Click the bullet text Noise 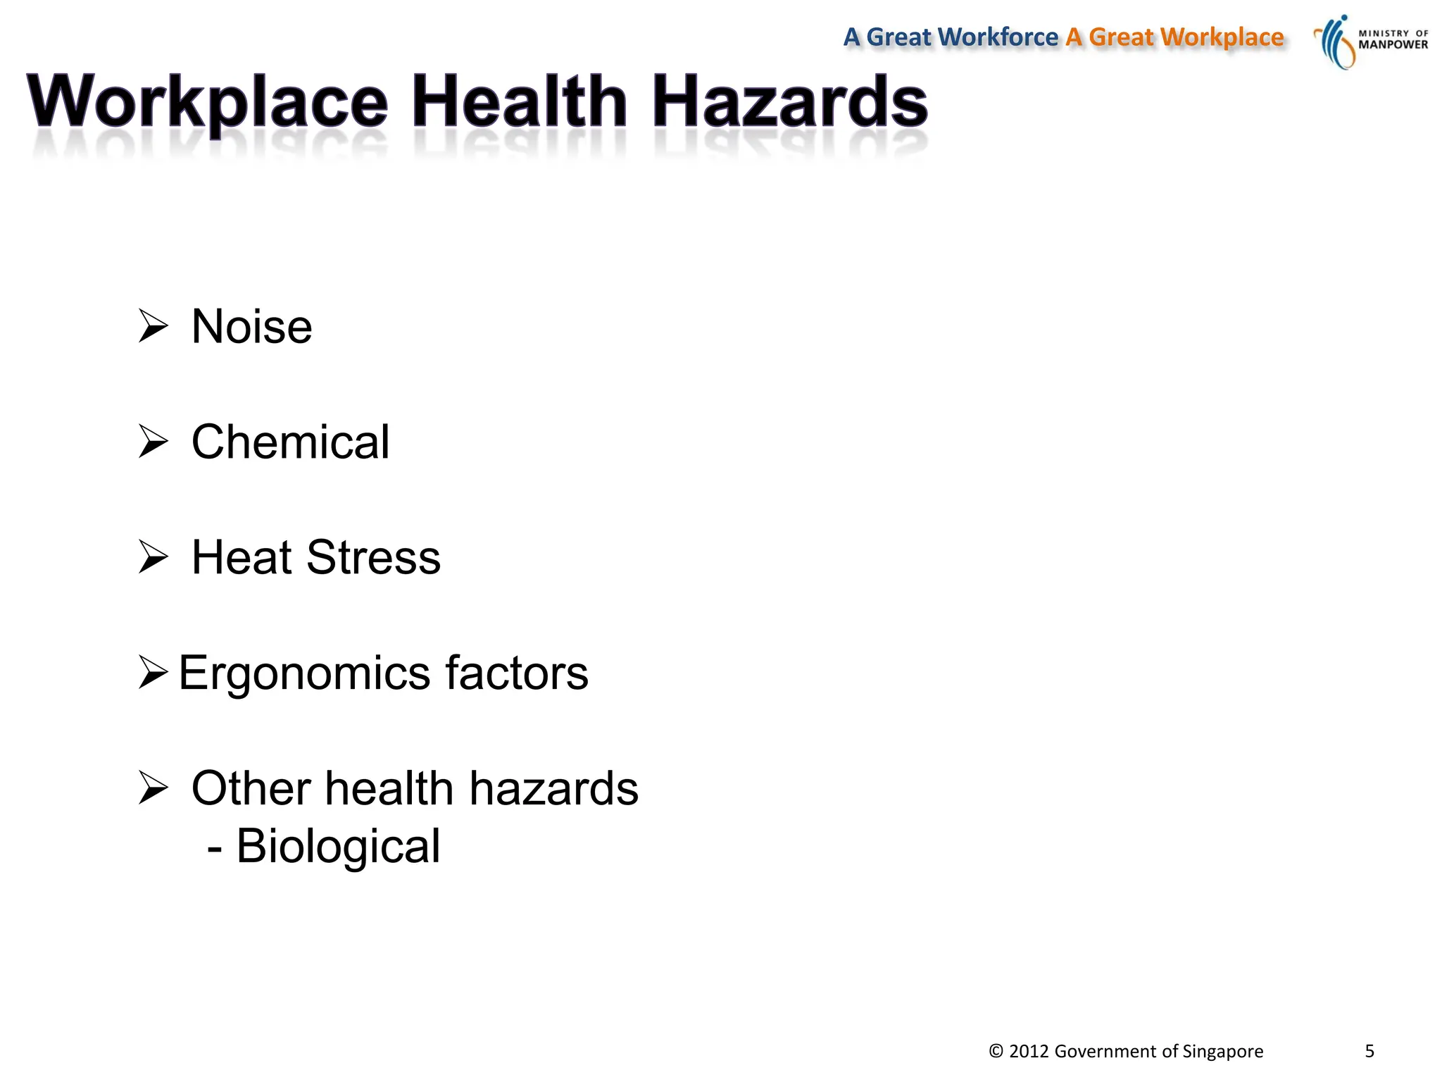(x=251, y=328)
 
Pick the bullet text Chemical (x=290, y=442)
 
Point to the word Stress (x=373, y=558)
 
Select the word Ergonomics (x=303, y=673)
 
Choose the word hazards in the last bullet (x=553, y=788)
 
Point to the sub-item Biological (x=338, y=846)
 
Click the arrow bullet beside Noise (x=153, y=326)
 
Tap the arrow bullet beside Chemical (x=153, y=442)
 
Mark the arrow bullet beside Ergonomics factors (x=153, y=672)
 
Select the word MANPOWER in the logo (x=1393, y=45)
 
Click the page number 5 (x=1369, y=1051)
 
